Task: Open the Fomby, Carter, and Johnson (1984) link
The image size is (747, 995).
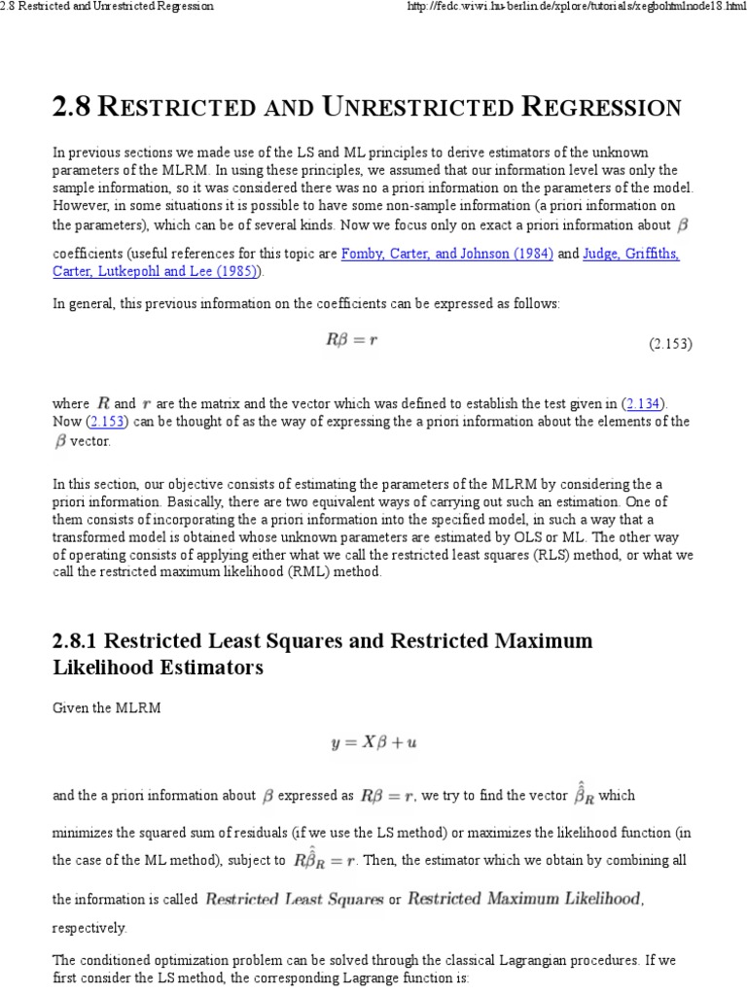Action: (x=447, y=254)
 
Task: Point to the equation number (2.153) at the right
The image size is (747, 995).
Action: (x=670, y=344)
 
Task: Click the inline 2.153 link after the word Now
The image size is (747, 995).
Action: (x=107, y=421)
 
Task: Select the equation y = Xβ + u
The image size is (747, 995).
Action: (x=374, y=743)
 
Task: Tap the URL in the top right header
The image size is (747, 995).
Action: (x=588, y=7)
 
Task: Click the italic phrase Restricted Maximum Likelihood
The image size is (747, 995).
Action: (x=525, y=899)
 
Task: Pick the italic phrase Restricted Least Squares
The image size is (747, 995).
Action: (x=294, y=899)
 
